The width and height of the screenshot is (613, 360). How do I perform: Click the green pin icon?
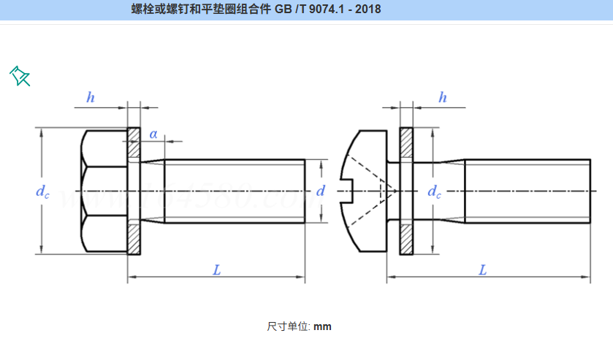[20, 75]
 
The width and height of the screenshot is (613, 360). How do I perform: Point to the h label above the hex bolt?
[91, 98]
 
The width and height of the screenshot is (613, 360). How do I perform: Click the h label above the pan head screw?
[443, 98]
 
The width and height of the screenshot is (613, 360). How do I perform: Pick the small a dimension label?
[153, 134]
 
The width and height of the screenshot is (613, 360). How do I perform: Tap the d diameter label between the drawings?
[320, 191]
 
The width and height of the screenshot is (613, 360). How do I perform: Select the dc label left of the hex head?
[43, 191]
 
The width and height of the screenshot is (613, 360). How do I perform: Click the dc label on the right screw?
[434, 191]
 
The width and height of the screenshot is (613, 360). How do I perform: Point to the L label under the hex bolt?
[216, 269]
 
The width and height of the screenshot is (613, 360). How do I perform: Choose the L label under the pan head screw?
[482, 269]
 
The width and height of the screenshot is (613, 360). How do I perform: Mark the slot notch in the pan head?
[348, 191]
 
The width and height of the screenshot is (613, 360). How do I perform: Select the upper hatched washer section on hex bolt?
[134, 146]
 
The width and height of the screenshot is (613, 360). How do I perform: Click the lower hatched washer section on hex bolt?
[134, 237]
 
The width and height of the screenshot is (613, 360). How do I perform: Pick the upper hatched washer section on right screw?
[406, 146]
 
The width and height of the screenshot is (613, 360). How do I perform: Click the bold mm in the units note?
[322, 326]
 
